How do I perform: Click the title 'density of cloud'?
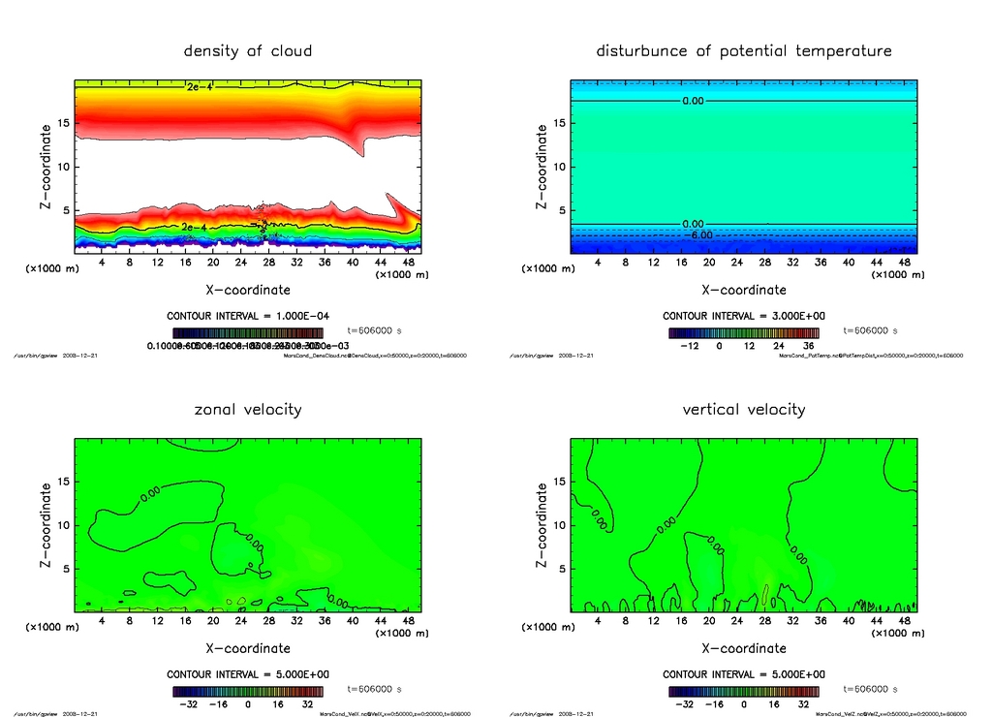[248, 50]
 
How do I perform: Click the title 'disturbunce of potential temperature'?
[744, 50]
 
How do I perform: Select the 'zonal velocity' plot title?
[248, 409]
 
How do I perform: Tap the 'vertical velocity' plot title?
[744, 409]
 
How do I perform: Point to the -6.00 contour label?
[698, 234]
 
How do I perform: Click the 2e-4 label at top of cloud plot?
[199, 87]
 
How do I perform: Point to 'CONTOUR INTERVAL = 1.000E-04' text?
[248, 316]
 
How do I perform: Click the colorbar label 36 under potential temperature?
[806, 346]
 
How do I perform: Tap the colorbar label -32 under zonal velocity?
[188, 704]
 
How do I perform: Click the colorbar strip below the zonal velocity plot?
[248, 691]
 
